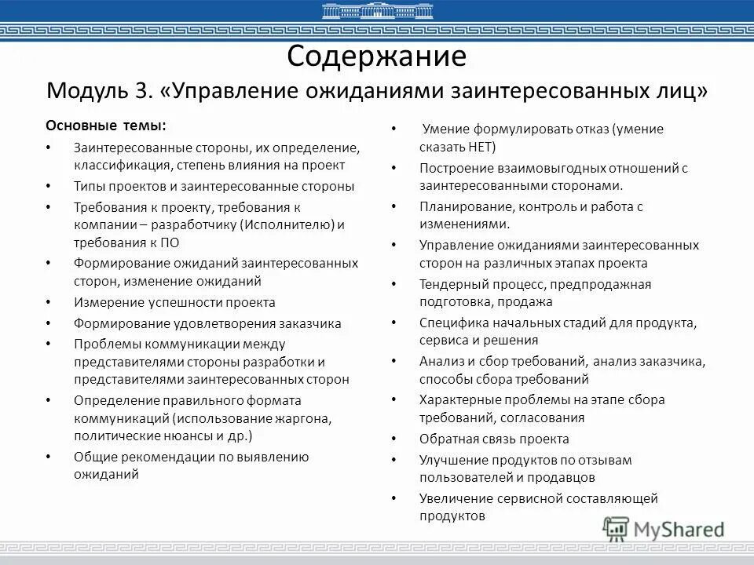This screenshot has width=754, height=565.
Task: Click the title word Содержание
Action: click(377, 56)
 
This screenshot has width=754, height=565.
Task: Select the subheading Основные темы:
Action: click(105, 126)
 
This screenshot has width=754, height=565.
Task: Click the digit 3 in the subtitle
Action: click(141, 89)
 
